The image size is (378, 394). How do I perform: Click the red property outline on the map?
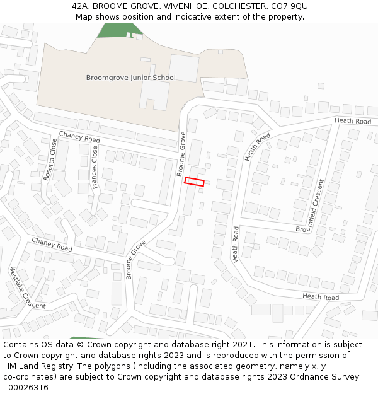tap(194, 182)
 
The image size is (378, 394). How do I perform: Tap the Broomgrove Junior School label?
tap(130, 78)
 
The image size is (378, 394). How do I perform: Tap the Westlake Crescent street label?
tap(27, 288)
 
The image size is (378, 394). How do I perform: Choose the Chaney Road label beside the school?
tap(79, 136)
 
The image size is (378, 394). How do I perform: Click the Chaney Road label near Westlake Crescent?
tap(52, 245)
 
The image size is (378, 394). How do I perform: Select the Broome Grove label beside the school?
tap(181, 153)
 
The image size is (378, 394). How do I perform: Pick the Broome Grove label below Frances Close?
tap(135, 259)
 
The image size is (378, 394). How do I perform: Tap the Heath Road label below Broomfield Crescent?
tap(320, 297)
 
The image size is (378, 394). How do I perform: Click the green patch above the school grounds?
tap(117, 30)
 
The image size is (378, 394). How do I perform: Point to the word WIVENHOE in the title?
tap(183, 6)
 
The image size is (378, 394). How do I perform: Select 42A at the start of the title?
tap(80, 6)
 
